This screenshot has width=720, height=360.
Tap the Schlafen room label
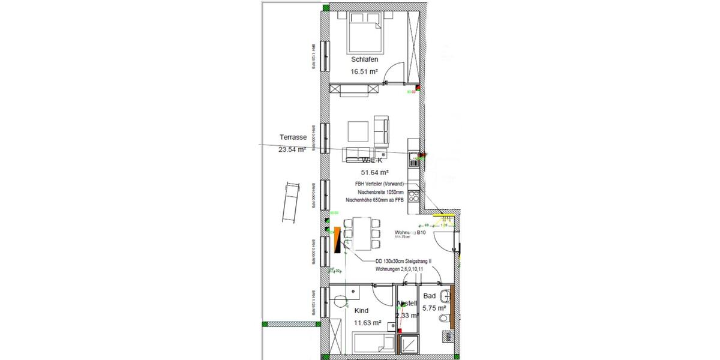pos(364,60)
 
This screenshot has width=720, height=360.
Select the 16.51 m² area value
pos(364,71)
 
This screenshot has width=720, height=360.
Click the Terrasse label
pos(293,137)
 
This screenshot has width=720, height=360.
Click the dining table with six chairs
pos(361,233)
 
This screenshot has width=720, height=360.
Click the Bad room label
pos(430,296)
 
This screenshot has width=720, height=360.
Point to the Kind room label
pos(361,311)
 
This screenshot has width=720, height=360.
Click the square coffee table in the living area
pos(358,130)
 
